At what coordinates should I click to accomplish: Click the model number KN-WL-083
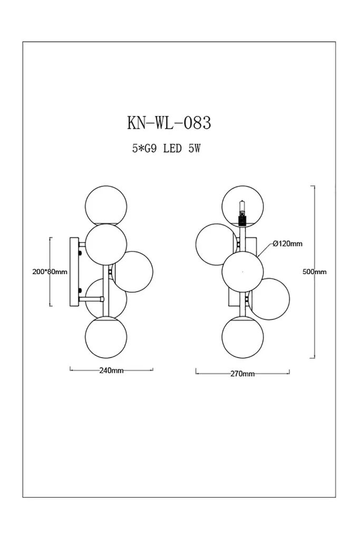click(169, 122)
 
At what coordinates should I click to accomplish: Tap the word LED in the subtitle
click(172, 149)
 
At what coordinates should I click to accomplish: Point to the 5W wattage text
click(194, 149)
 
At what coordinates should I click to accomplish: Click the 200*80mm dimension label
click(50, 272)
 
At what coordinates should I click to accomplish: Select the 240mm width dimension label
click(111, 370)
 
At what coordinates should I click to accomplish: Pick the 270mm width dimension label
click(242, 374)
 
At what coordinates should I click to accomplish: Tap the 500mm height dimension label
click(315, 272)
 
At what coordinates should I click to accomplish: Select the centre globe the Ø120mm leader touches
click(243, 272)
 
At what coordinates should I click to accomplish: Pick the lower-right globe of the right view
click(269, 299)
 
